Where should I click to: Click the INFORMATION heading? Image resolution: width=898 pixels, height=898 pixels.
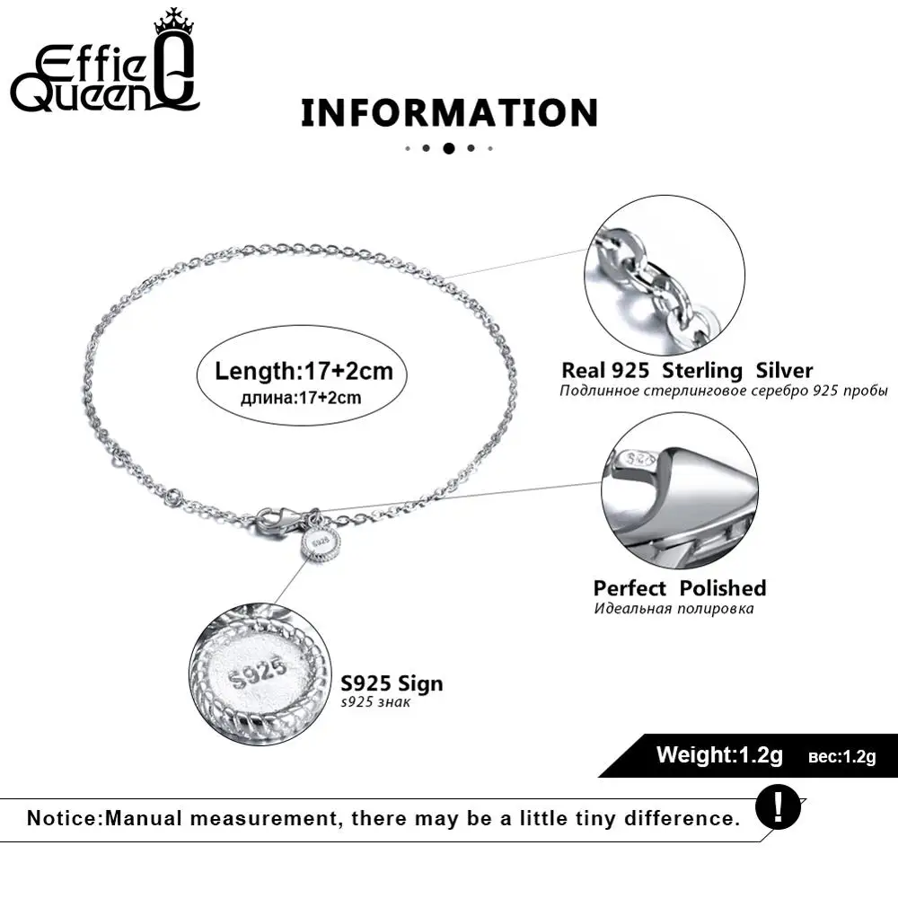pos(450,112)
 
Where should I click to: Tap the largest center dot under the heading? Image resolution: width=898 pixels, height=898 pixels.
pos(449,148)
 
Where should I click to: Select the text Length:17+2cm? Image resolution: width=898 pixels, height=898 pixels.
pos(304,371)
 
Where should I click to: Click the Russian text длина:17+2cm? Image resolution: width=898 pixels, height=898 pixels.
pos(301,398)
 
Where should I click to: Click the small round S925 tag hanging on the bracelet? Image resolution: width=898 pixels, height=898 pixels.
pos(320,543)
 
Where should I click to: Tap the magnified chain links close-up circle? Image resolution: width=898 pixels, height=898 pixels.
pos(665,275)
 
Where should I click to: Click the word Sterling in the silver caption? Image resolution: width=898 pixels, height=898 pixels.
pos(701,371)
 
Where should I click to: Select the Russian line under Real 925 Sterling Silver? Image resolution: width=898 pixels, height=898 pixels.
pos(723,392)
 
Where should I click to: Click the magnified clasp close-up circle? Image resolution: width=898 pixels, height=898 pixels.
pos(680,491)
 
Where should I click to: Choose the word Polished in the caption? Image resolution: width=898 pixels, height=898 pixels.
pos(723,588)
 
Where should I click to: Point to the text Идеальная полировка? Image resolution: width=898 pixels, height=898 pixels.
pos(673,608)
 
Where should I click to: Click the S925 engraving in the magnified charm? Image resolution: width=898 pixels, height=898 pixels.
pos(258,673)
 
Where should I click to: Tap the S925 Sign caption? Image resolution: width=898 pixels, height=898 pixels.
pos(392,683)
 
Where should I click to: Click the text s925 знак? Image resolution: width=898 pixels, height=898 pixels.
pos(375,702)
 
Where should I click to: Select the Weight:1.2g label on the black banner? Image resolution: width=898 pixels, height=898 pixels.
pos(719,755)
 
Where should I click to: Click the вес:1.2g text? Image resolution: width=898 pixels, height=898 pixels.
pos(842,757)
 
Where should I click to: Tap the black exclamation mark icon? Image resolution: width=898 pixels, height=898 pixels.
pos(778,806)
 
